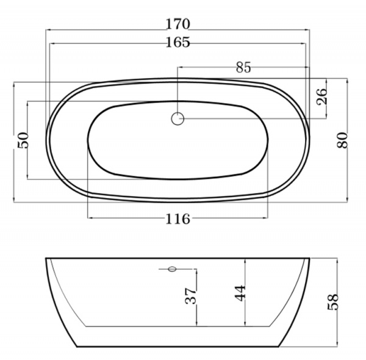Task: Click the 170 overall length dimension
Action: (x=178, y=24)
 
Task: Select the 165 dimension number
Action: (x=178, y=42)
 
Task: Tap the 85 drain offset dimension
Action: (x=243, y=67)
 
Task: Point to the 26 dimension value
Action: (x=321, y=96)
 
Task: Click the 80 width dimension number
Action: (x=342, y=140)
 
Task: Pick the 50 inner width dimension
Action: (x=23, y=140)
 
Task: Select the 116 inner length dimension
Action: (x=178, y=219)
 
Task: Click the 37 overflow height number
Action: (x=190, y=296)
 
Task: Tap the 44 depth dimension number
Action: (x=240, y=293)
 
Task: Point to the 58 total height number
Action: (x=333, y=302)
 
